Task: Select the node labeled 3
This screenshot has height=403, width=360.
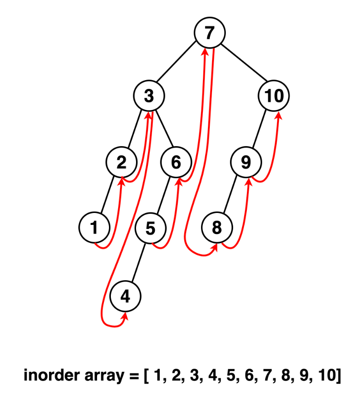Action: [x=149, y=96]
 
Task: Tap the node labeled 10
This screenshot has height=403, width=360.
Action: [x=274, y=96]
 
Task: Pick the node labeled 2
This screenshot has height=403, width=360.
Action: [x=121, y=162]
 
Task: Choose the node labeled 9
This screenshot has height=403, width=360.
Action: [x=246, y=162]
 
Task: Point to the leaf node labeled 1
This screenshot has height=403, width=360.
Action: [x=94, y=227]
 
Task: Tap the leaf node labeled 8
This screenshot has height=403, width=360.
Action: [x=217, y=227]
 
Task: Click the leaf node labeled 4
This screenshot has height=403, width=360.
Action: [x=125, y=296]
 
